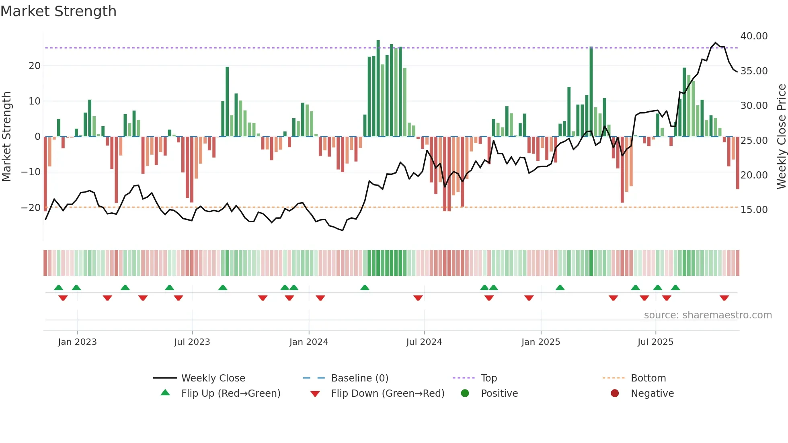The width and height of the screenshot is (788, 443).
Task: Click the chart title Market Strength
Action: [x=58, y=11]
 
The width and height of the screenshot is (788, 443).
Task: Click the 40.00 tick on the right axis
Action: [x=754, y=36]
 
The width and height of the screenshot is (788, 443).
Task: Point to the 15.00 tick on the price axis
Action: [x=754, y=210]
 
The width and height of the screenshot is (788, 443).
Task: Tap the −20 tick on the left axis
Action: [x=31, y=208]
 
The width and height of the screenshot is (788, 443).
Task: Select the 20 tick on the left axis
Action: [x=35, y=66]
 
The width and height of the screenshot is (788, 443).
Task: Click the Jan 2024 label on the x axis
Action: [x=308, y=342]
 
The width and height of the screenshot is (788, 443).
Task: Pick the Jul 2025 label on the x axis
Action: [x=655, y=342]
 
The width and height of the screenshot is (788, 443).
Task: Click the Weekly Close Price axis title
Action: [x=781, y=137]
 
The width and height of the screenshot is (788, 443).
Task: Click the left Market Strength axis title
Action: [x=7, y=137]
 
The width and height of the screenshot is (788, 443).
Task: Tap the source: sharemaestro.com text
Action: [x=708, y=315]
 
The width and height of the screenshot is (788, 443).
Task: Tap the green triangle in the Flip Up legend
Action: [x=165, y=393]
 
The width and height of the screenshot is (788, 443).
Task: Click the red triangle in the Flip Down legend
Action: [x=315, y=394]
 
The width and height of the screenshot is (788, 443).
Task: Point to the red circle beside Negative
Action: [x=614, y=393]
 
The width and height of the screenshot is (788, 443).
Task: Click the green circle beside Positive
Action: [x=465, y=393]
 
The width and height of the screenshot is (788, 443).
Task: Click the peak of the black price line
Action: [x=715, y=43]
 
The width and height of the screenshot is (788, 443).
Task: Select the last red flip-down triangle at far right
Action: [x=724, y=298]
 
